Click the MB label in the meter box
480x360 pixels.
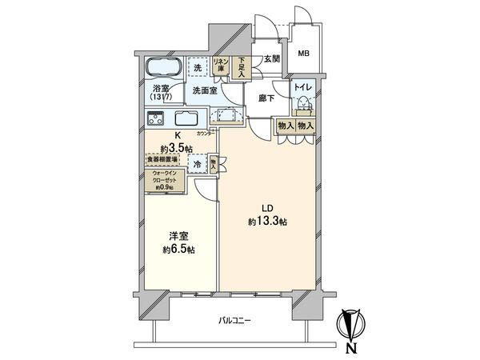click(x=304, y=54)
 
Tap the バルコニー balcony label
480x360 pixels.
click(x=235, y=321)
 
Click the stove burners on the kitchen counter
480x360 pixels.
click(x=156, y=120)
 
